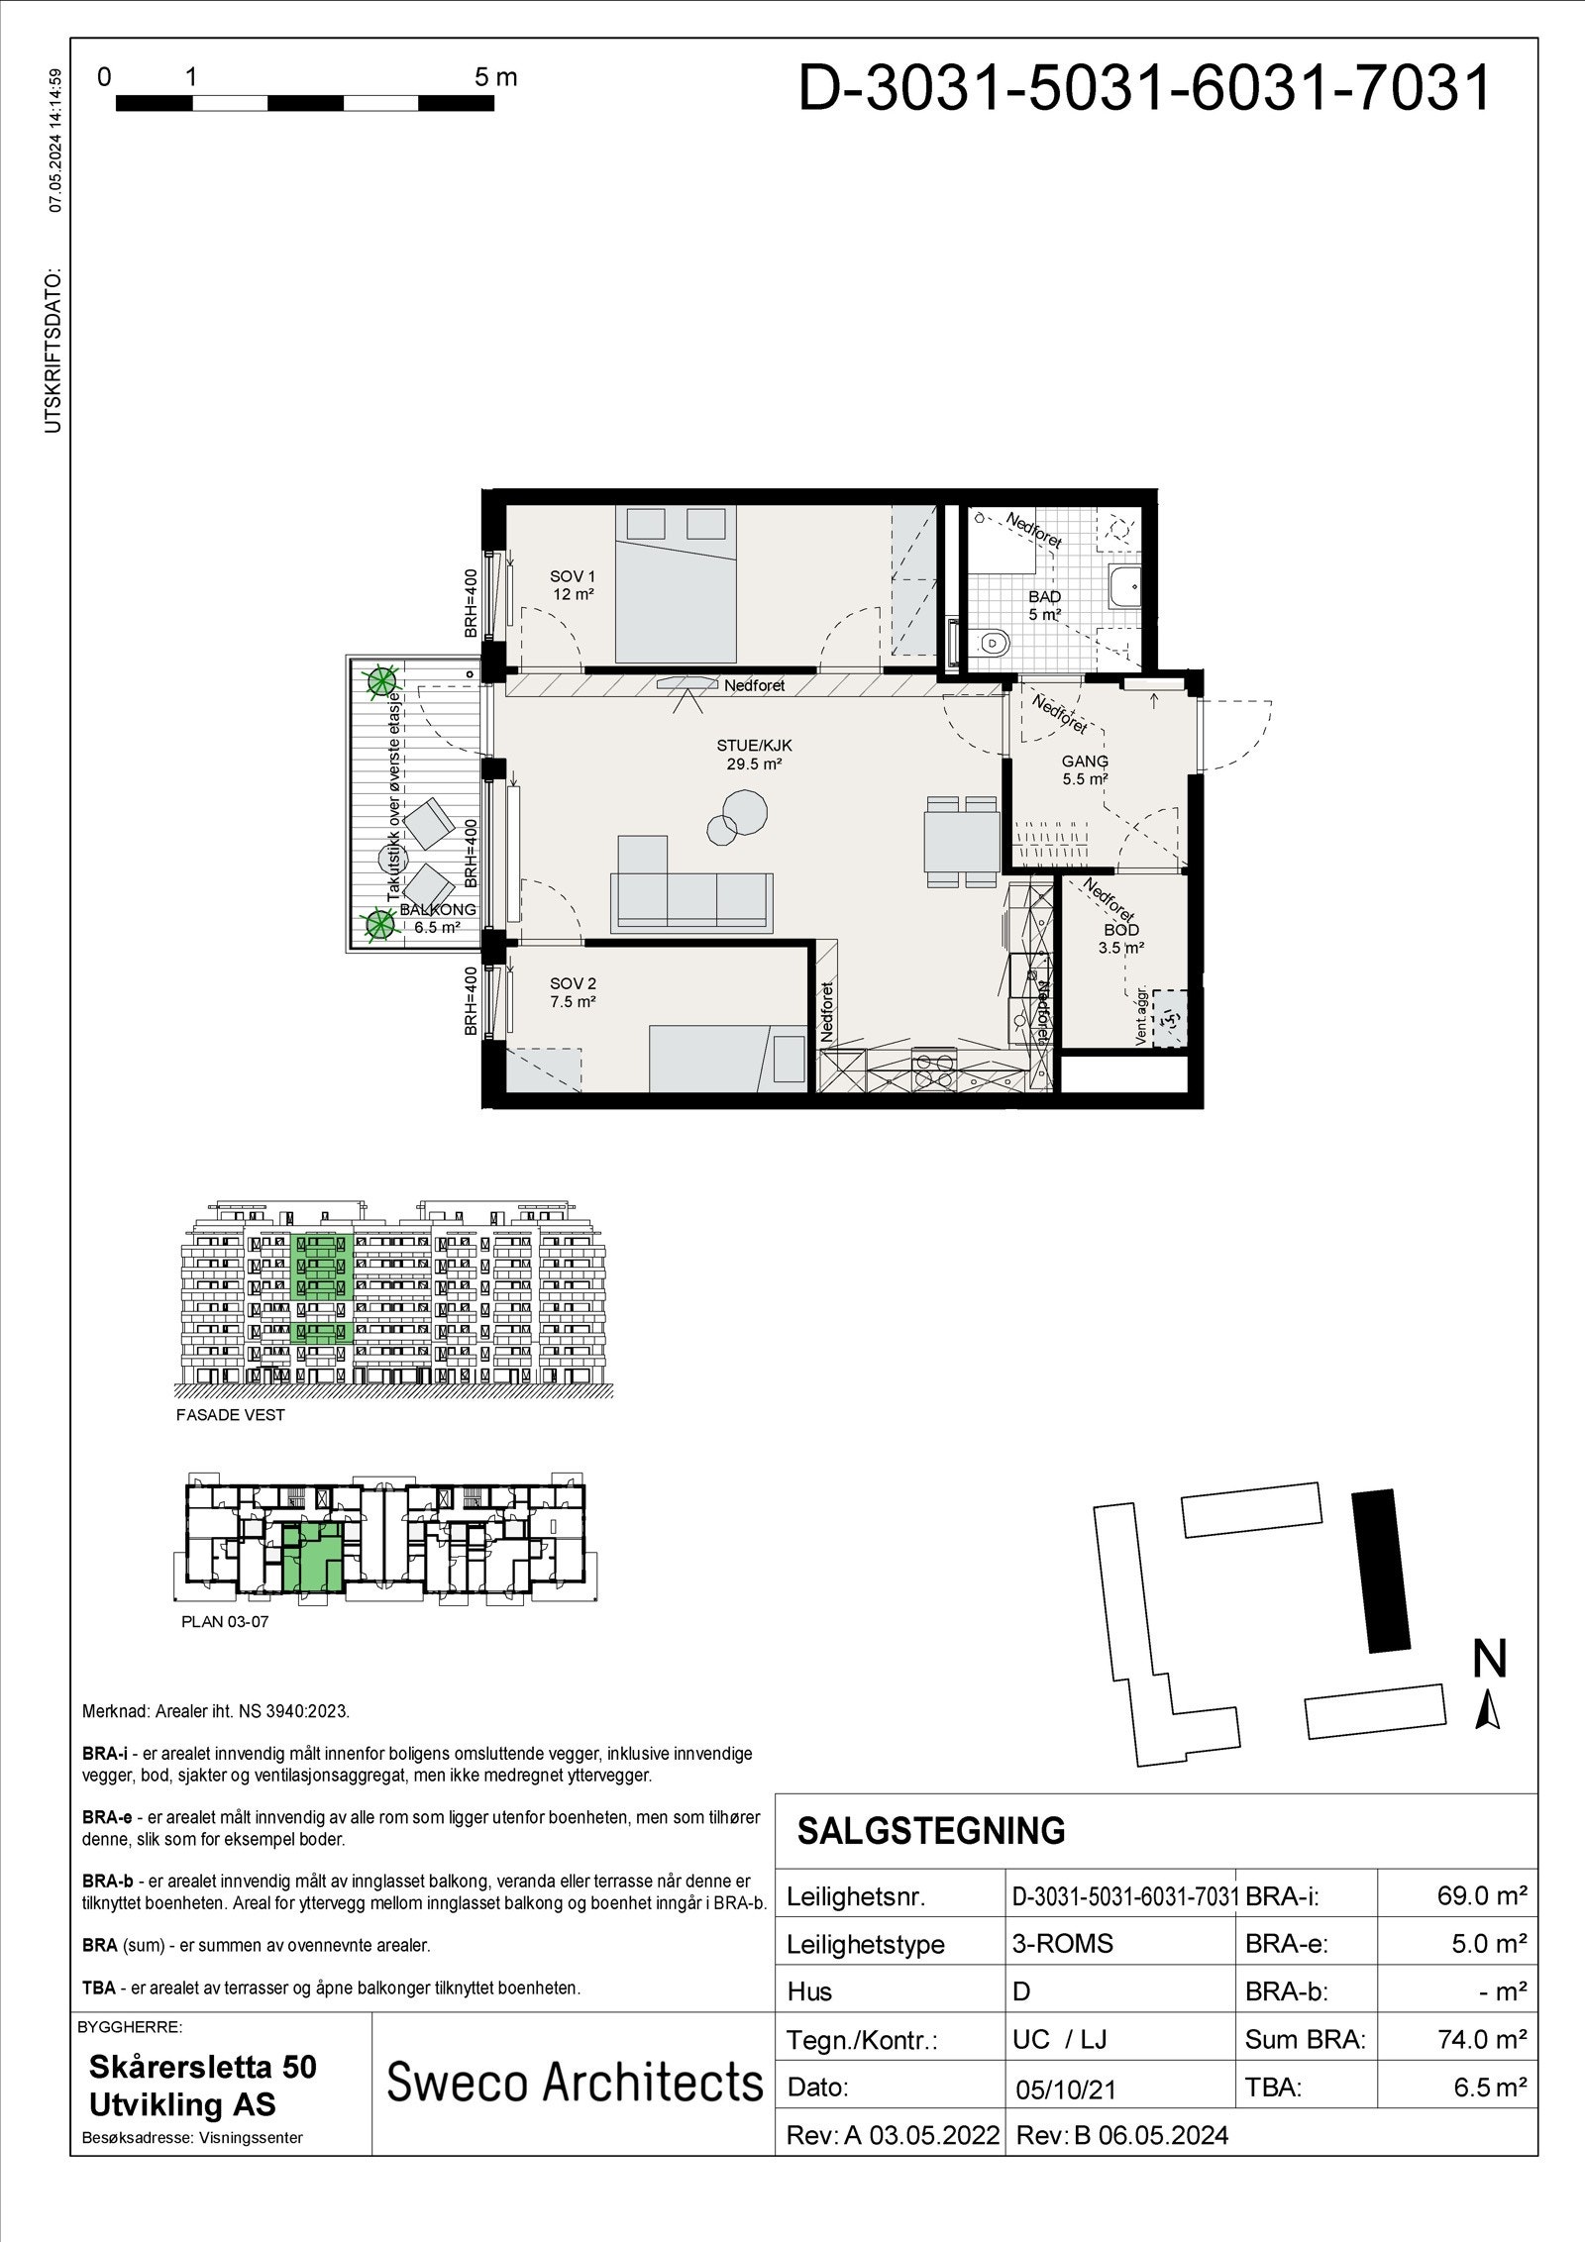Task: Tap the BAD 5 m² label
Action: coord(1044,605)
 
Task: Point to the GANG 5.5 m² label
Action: coord(1085,769)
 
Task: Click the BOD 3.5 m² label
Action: coord(1121,938)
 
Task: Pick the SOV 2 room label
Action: coord(573,992)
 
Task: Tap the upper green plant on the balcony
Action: coord(378,681)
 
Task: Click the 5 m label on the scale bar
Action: coord(495,77)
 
